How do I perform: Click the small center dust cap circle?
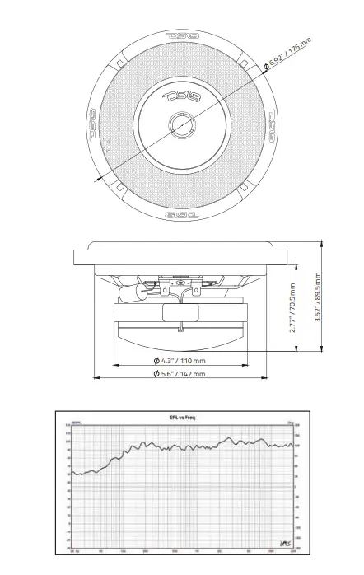coord(180,124)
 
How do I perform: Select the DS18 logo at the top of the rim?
coord(181,36)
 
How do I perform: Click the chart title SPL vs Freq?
coord(182,418)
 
